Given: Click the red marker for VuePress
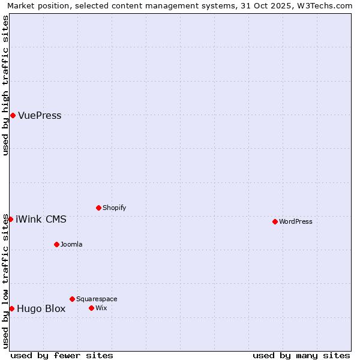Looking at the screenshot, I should click(x=13, y=115).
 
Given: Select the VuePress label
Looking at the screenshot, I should click(x=40, y=116).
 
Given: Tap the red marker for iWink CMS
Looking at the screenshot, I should click(x=10, y=219).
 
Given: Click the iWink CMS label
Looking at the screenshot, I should click(x=41, y=220).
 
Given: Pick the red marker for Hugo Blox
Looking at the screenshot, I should click(x=11, y=308).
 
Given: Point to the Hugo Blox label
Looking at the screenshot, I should click(x=41, y=309).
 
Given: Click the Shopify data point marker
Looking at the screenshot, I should click(x=98, y=208).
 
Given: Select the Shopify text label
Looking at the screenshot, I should click(x=114, y=208).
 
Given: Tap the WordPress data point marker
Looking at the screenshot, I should click(x=275, y=221).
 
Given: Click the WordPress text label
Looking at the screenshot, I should click(x=295, y=222).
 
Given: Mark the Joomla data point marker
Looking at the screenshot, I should click(x=56, y=244).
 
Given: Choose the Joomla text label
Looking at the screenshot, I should click(x=71, y=245).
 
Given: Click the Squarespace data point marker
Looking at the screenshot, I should click(x=72, y=299).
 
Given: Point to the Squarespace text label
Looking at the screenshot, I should click(x=97, y=299).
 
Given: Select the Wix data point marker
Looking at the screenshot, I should click(x=91, y=308).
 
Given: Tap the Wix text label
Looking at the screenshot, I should click(x=101, y=308).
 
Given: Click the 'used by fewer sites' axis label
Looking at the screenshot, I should click(x=62, y=355).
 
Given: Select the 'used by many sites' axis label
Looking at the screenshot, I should click(x=301, y=355).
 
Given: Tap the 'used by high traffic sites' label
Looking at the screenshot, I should click(x=6, y=85).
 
